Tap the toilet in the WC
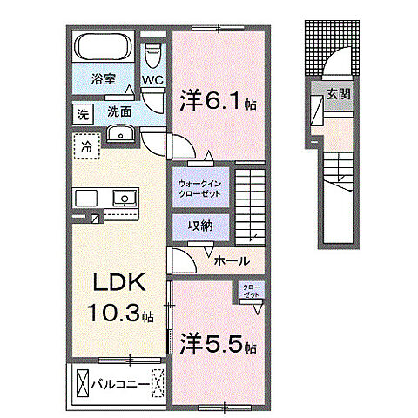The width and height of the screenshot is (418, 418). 154,54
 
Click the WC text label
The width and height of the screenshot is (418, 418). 154,81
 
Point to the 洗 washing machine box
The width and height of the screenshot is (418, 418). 82,113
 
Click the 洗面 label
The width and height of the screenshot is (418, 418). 119,112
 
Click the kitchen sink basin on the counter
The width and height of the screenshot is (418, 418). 123,199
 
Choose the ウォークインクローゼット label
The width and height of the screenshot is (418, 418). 201,189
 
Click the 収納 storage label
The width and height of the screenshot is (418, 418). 201,226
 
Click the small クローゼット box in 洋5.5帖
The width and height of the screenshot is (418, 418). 250,291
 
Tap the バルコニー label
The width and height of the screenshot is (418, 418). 121,381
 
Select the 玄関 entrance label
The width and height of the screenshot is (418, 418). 338,93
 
